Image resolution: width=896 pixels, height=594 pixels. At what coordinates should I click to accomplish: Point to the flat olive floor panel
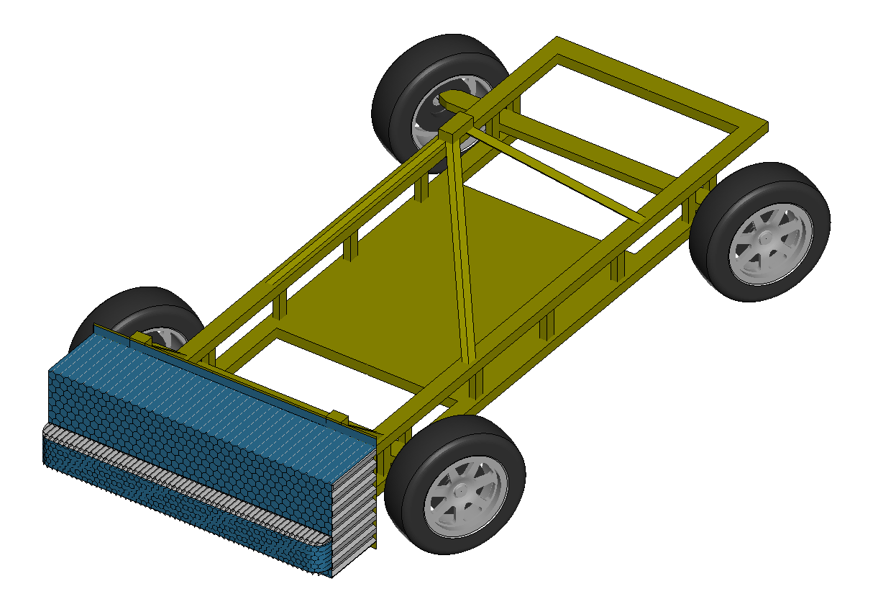pyautogui.click(x=403, y=288)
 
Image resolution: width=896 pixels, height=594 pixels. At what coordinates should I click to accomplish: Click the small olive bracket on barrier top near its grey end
pyautogui.click(x=338, y=418)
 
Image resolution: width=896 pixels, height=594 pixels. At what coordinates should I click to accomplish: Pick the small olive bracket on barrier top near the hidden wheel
pyautogui.click(x=140, y=338)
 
